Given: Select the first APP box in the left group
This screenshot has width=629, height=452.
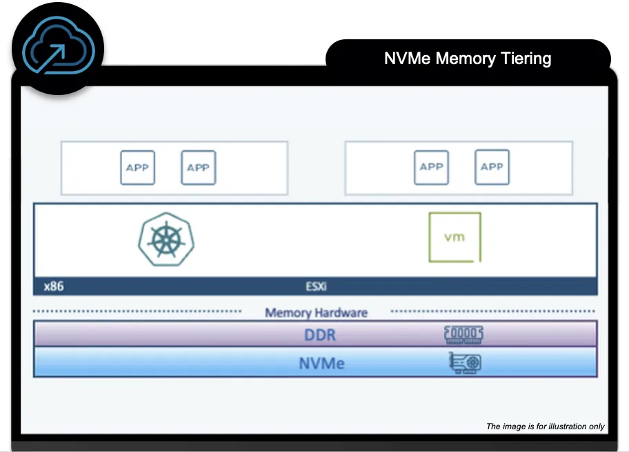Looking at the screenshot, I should pyautogui.click(x=137, y=167).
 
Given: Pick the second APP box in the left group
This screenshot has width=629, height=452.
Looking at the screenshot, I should pyautogui.click(x=198, y=167).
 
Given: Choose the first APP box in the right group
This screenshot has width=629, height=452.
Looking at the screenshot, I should pyautogui.click(x=431, y=167).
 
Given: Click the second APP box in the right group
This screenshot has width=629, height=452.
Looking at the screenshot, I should pyautogui.click(x=492, y=167).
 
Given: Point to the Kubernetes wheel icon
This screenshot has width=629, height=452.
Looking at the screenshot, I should pyautogui.click(x=166, y=239).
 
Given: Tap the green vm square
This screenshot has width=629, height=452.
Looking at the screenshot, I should pyautogui.click(x=455, y=237).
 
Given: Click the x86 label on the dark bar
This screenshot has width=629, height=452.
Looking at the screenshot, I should pyautogui.click(x=53, y=286).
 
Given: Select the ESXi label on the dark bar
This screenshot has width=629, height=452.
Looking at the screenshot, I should pyautogui.click(x=316, y=286).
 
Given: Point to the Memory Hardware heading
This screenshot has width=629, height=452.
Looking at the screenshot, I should pyautogui.click(x=316, y=313).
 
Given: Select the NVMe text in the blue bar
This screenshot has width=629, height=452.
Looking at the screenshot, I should pyautogui.click(x=321, y=363).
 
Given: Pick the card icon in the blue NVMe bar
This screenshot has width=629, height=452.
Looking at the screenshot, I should pyautogui.click(x=465, y=363).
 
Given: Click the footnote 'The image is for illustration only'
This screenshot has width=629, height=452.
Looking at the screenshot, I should pyautogui.click(x=545, y=427).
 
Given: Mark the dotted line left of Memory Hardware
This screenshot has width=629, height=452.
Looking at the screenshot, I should pyautogui.click(x=138, y=311).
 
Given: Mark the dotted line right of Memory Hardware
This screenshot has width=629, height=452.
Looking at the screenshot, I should pyautogui.click(x=494, y=311).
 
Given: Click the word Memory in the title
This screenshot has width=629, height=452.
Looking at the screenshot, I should pyautogui.click(x=464, y=59).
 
